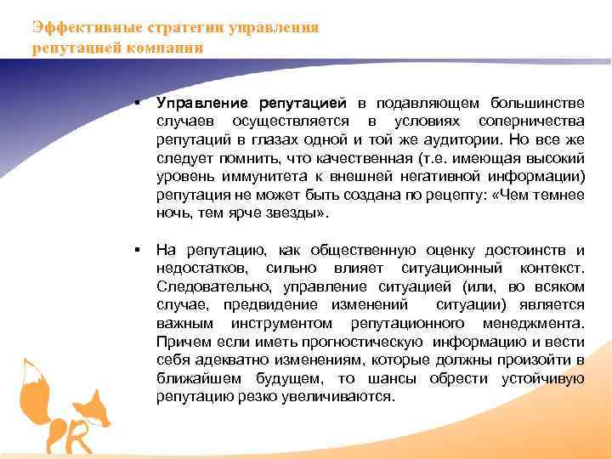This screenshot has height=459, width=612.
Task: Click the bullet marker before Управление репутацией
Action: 136,102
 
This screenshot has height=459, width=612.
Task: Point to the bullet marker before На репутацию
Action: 136,250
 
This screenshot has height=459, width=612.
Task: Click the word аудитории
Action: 464,139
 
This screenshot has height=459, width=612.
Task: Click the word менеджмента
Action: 531,324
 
